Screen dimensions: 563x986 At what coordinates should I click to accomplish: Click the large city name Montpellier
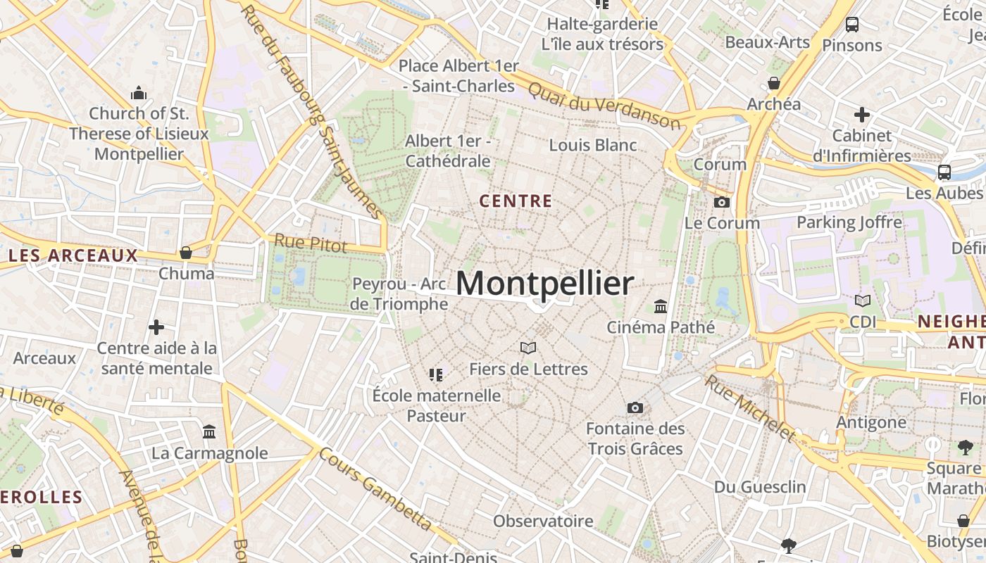[x=544, y=283]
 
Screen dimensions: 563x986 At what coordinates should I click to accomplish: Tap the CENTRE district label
[x=516, y=201]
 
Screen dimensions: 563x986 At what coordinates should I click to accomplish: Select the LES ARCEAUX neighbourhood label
[x=73, y=255]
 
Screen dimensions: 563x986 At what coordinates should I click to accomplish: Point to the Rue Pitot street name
[x=311, y=243]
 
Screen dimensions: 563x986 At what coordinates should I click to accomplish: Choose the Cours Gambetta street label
[x=375, y=488]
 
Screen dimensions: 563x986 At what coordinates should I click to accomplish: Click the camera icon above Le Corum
[x=722, y=203]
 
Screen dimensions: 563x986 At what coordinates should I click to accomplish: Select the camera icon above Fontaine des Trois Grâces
[x=635, y=408]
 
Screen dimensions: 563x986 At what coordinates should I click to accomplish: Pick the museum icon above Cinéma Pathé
[x=661, y=307]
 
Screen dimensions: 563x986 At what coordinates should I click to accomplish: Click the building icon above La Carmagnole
[x=209, y=432]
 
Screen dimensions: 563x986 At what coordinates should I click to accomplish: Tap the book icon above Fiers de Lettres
[x=528, y=348]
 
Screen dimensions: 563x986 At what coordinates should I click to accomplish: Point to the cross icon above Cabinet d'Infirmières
[x=861, y=115]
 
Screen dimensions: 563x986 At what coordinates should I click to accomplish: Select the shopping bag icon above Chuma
[x=186, y=253]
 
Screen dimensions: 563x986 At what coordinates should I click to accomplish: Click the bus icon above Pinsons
[x=851, y=25]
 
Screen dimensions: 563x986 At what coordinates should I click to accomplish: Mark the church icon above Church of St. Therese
[x=139, y=93]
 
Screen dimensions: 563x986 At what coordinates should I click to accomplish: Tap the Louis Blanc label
[x=592, y=146]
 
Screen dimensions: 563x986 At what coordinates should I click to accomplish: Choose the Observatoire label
[x=543, y=521]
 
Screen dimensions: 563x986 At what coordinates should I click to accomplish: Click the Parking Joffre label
[x=849, y=222]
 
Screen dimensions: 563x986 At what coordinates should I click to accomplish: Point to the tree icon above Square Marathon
[x=965, y=447]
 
